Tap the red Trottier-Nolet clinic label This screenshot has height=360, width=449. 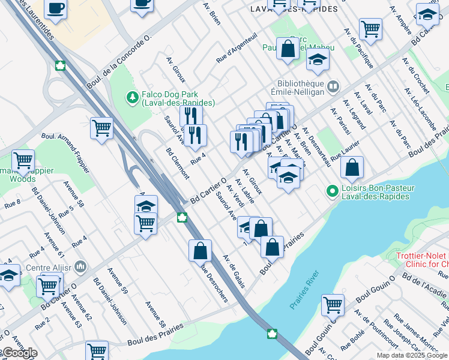[423, 260]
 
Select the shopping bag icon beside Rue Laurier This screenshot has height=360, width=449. [352, 167]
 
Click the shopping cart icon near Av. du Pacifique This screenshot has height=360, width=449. [370, 28]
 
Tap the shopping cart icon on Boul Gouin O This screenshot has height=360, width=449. [333, 304]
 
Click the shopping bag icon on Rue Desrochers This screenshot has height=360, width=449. [200, 251]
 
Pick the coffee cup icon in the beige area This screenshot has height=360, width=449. [56, 8]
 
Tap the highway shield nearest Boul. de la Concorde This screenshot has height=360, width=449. [61, 65]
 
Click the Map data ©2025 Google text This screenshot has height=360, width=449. [411, 355]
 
